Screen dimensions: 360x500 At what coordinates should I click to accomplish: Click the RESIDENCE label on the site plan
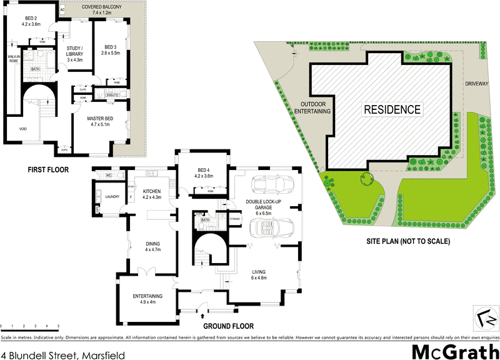(392, 109)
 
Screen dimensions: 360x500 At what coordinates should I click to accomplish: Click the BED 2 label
(31, 21)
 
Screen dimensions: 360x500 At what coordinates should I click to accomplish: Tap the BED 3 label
(111, 51)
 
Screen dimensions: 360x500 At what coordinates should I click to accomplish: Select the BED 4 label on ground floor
(205, 172)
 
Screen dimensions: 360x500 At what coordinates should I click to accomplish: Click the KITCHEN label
(152, 193)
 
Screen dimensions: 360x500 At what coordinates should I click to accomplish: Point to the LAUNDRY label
(112, 197)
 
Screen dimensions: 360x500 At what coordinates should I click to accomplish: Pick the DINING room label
(153, 246)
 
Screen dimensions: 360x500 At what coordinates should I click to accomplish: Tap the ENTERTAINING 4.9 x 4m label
(147, 299)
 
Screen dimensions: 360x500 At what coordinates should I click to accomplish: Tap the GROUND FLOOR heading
(228, 326)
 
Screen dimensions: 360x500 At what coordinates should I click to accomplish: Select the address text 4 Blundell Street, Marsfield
(64, 355)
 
